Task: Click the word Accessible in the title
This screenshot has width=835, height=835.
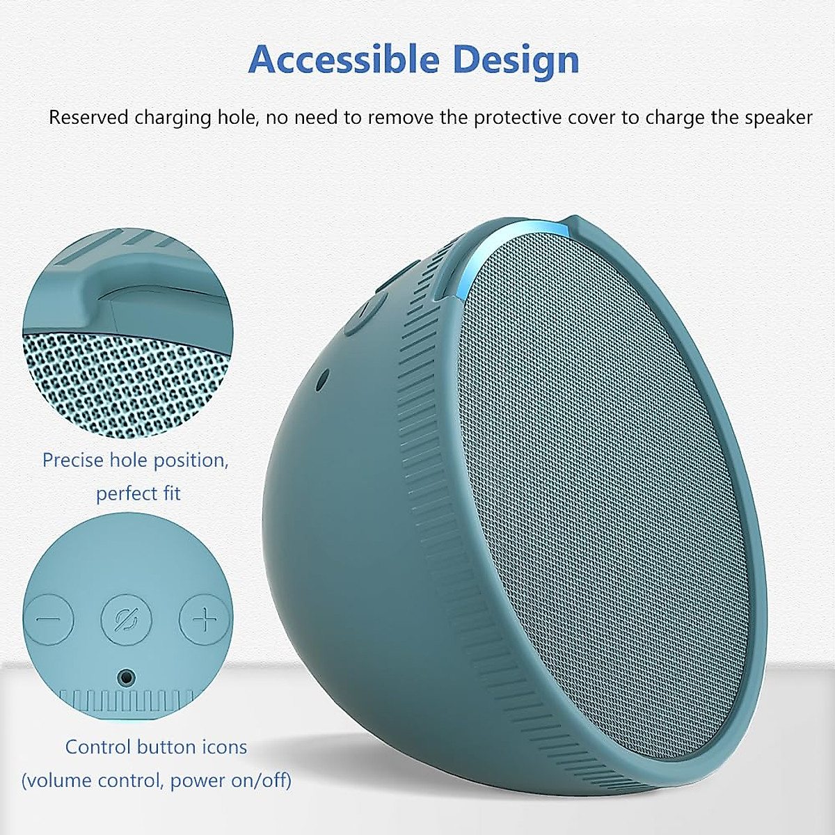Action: coord(345,60)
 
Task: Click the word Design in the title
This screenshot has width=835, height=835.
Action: coord(516,60)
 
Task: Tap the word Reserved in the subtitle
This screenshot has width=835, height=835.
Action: coord(88,117)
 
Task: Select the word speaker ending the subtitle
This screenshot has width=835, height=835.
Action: coord(778,117)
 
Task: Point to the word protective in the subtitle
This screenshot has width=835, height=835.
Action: coord(519,117)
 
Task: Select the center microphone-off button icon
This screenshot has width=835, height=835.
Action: coord(126,619)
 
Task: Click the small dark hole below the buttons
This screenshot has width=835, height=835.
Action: coord(126,676)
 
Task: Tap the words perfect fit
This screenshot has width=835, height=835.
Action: coord(138,493)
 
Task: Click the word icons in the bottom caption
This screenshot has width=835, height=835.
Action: coord(221,747)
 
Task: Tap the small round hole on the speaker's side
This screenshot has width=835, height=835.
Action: coord(321,380)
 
